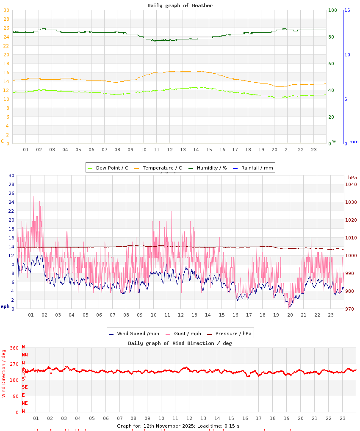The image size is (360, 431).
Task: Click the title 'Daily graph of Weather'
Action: [x=180, y=6]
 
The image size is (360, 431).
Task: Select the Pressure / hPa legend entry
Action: [x=233, y=334]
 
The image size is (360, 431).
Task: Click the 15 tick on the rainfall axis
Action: [x=347, y=10]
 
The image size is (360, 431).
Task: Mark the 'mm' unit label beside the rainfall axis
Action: [x=354, y=142]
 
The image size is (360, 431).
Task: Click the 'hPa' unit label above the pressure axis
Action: [x=352, y=178]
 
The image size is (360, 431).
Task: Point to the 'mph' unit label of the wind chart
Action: [x=5, y=306]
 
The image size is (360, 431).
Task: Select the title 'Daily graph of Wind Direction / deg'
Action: [x=180, y=343]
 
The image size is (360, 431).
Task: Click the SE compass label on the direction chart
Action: [x=25, y=387]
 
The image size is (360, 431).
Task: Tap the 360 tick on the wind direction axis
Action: [x=14, y=348]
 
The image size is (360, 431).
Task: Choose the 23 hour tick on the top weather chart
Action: [x=314, y=150]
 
